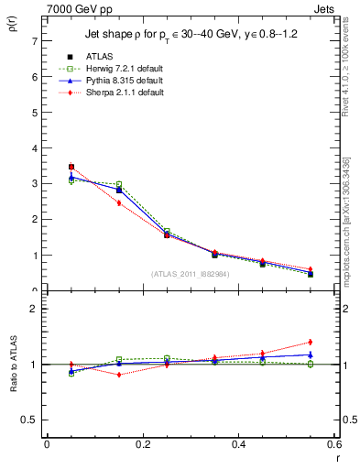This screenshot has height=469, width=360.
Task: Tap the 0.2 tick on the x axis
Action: (142, 444)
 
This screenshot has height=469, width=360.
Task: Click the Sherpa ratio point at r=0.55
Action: (311, 343)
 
